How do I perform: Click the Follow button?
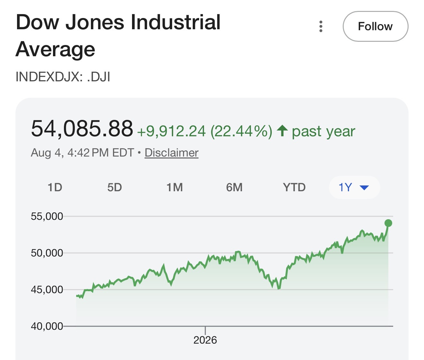coord(375,26)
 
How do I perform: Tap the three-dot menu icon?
coord(321,26)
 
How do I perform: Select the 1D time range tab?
coord(55,187)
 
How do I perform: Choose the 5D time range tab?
coord(114,187)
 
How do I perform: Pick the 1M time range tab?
coord(174,187)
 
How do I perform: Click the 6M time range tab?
coord(234,187)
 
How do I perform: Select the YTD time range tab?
coord(294,187)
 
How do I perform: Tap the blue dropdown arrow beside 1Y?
coord(364,187)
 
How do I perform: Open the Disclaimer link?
coord(172,152)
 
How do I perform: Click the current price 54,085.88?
coord(82,129)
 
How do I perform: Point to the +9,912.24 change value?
coord(171,131)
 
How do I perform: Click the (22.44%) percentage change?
coord(242,131)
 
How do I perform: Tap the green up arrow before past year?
coord(282,130)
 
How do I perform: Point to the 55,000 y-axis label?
coord(47,216)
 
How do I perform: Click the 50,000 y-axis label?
coord(47,253)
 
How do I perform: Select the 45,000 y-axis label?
coord(47,290)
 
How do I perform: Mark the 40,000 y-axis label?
coord(47,326)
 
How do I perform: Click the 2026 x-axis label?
coord(205,340)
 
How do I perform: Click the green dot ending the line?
coord(388,223)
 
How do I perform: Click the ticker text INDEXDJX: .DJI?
coord(63,77)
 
